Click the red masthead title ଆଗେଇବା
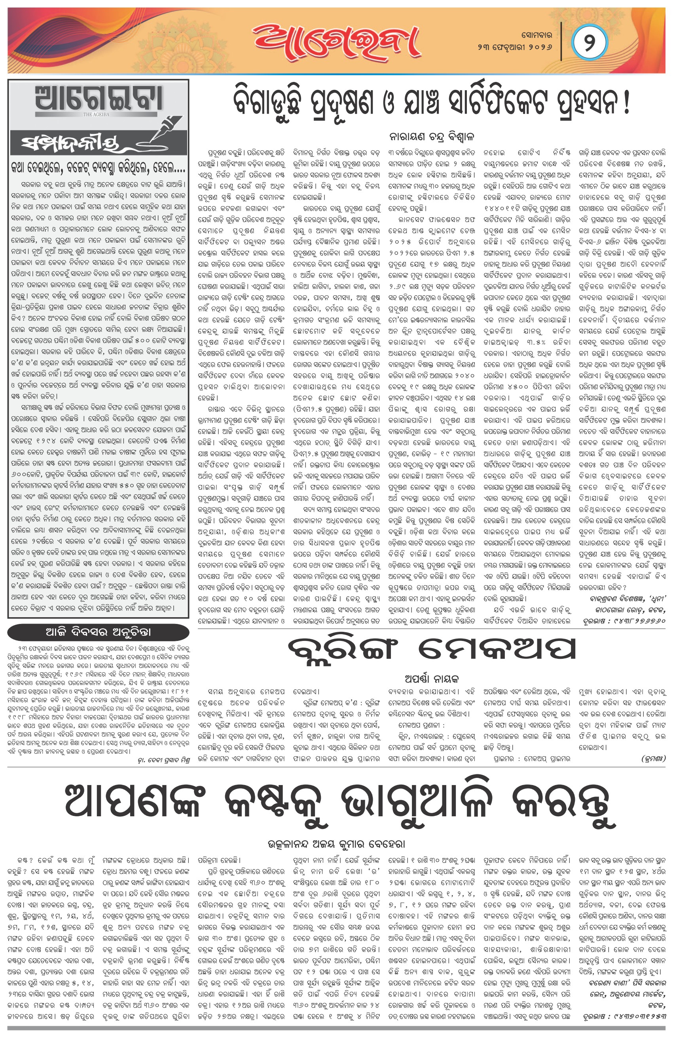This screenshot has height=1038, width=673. tap(336, 42)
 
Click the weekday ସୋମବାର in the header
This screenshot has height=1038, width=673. tap(536, 34)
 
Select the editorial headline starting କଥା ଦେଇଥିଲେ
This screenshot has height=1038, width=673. tap(99, 168)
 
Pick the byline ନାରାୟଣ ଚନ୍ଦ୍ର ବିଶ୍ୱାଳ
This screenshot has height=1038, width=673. tap(431, 137)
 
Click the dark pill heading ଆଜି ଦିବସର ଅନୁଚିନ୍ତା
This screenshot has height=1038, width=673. tap(98, 632)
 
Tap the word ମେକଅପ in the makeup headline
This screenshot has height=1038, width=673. tap(497, 649)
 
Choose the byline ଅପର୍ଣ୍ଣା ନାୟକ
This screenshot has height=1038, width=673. tap(431, 679)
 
